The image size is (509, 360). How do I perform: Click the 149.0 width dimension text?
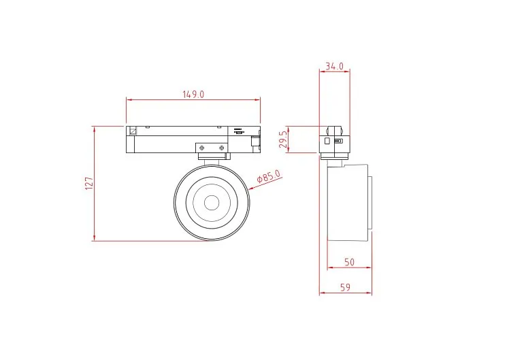(x=193, y=95)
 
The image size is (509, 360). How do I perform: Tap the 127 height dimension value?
(x=89, y=184)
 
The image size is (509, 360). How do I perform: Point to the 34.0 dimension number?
(x=334, y=66)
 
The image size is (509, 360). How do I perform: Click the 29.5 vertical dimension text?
(x=283, y=140)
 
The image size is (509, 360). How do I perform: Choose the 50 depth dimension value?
(x=349, y=262)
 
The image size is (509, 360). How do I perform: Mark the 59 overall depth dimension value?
(x=346, y=287)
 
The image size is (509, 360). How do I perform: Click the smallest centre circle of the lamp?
(x=212, y=203)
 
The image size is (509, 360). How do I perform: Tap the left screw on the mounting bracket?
(x=202, y=148)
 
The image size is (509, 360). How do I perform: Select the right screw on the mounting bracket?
(x=221, y=148)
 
